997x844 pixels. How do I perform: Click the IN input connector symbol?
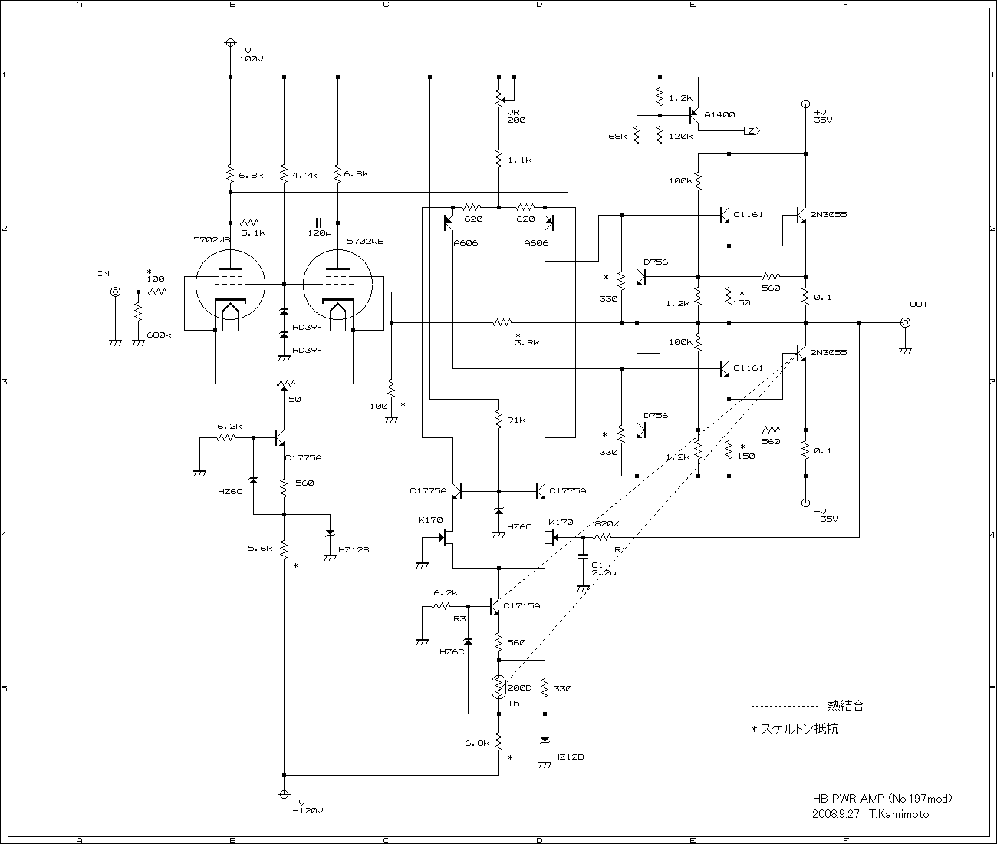tap(115, 292)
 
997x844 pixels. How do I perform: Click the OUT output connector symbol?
tap(906, 323)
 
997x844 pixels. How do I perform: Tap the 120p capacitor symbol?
tap(318, 223)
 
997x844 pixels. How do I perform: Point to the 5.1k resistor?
tap(249, 223)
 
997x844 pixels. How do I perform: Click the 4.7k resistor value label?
tap(304, 175)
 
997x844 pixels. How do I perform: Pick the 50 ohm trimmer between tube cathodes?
tap(285, 384)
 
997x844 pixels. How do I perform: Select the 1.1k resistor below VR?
tap(498, 158)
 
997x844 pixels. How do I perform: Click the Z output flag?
tap(752, 130)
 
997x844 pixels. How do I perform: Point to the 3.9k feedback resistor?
tap(502, 322)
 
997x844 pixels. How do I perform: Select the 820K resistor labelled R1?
tap(602, 536)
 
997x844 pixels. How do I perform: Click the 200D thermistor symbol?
tap(498, 687)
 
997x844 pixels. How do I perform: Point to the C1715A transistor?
tap(494, 606)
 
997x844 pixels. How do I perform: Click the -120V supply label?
tap(308, 810)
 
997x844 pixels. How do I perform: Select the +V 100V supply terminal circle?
tap(231, 42)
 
